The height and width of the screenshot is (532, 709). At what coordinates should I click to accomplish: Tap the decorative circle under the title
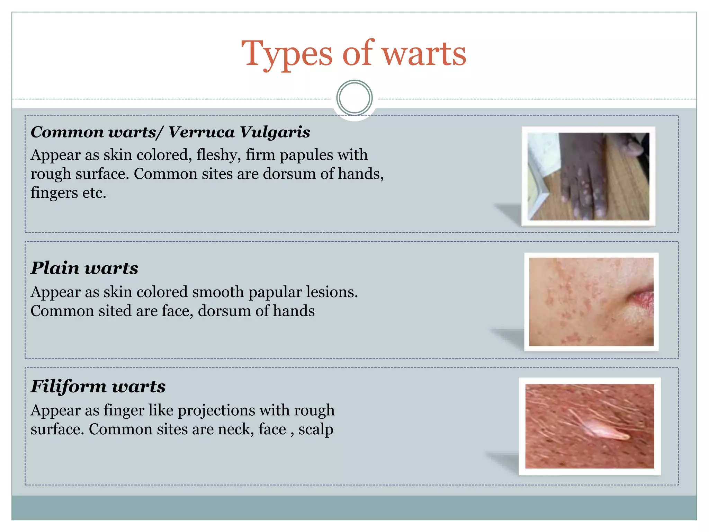tap(354, 98)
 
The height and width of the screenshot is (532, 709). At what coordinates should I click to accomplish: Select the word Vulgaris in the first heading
tap(275, 132)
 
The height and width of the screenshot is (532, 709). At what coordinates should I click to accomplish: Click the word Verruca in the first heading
tap(201, 132)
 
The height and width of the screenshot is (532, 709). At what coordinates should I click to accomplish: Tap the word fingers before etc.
tap(54, 193)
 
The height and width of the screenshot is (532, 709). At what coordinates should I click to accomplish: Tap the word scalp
tap(315, 429)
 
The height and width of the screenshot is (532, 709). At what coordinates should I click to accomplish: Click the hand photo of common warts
tap(589, 177)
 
